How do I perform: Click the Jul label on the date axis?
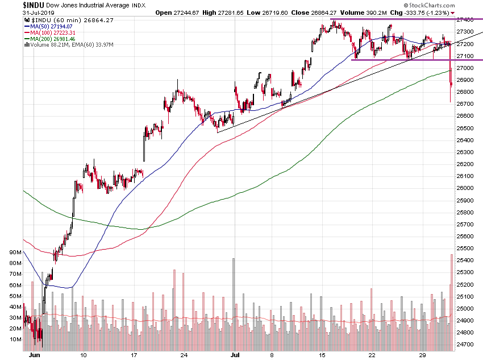234,354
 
